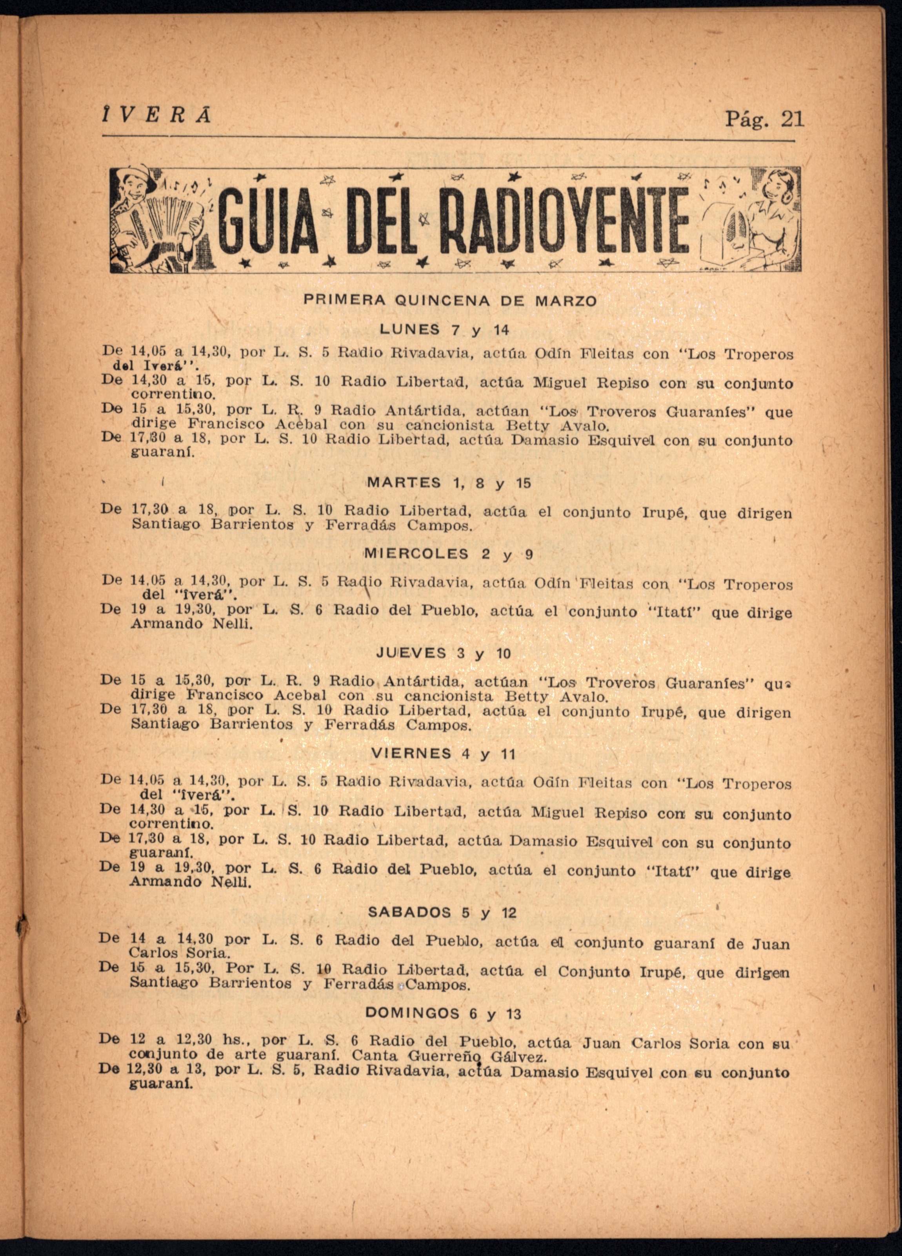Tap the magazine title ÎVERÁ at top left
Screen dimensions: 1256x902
pos(156,115)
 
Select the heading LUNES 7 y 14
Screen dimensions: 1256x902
pos(444,330)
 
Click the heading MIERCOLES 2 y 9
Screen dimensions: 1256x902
pos(448,554)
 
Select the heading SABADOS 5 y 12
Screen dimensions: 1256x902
pos(442,912)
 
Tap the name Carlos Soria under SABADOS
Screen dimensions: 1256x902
pos(178,953)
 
